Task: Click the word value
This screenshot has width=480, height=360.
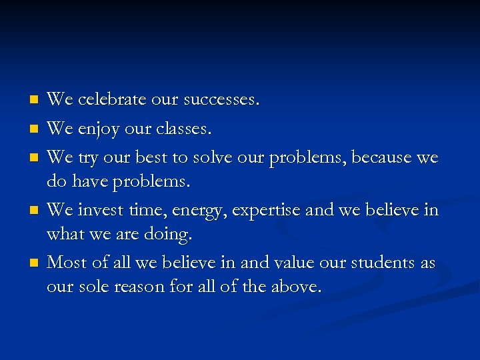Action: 291,263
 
